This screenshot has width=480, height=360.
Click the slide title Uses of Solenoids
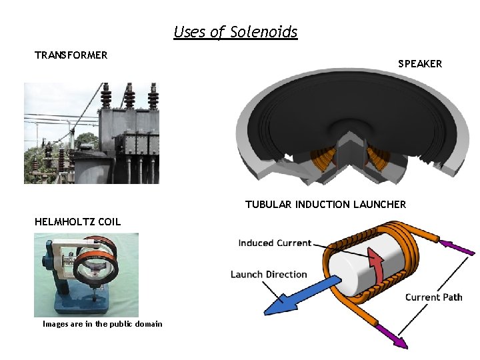(x=235, y=31)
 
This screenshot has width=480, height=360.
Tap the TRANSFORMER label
(x=71, y=55)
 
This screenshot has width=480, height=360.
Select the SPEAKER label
(x=420, y=64)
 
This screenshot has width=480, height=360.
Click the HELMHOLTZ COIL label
(x=78, y=222)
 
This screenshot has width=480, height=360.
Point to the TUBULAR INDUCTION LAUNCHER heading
(x=325, y=205)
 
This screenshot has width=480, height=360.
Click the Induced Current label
(x=275, y=243)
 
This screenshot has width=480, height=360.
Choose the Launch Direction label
(x=269, y=274)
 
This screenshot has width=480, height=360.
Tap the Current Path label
(x=433, y=297)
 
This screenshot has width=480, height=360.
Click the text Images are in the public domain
(x=102, y=324)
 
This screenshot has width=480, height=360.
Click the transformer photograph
(x=91, y=133)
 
